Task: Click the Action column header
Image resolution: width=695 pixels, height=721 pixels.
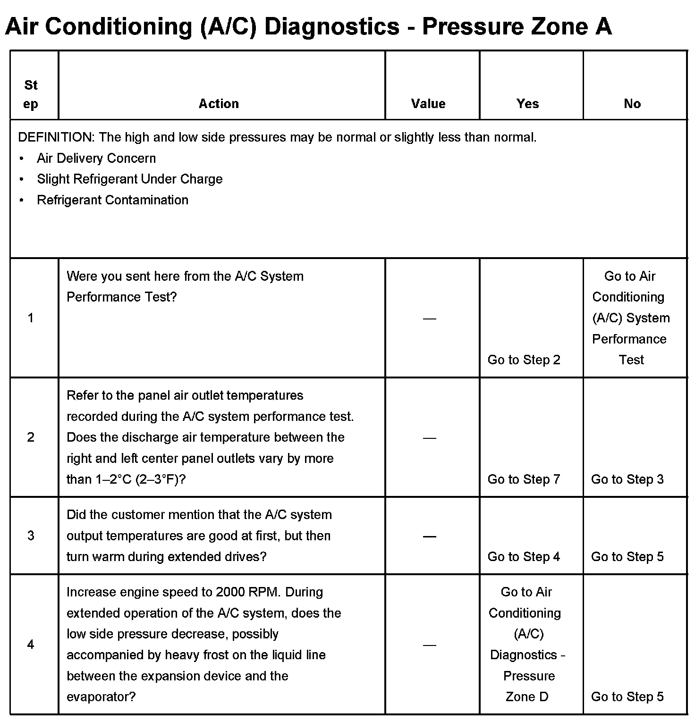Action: pyautogui.click(x=219, y=104)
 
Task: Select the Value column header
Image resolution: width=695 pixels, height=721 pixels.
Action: pyautogui.click(x=428, y=104)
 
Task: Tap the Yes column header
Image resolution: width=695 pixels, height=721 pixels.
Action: pyautogui.click(x=527, y=104)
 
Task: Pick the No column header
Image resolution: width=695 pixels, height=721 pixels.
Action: pyautogui.click(x=632, y=104)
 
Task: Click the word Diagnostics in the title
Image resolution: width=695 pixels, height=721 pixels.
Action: pyautogui.click(x=332, y=26)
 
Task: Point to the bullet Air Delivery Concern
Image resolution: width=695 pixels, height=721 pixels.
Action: pyautogui.click(x=96, y=158)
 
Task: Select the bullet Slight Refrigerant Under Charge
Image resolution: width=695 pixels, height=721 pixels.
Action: pyautogui.click(x=130, y=179)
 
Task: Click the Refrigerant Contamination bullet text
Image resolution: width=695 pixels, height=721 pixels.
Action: pyautogui.click(x=112, y=200)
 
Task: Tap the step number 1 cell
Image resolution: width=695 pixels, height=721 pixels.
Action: pyautogui.click(x=31, y=318)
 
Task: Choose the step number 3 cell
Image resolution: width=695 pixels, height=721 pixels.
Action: pyautogui.click(x=31, y=536)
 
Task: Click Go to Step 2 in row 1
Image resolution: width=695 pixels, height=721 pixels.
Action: pyautogui.click(x=524, y=360)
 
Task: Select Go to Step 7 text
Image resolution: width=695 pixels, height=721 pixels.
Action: pyautogui.click(x=524, y=479)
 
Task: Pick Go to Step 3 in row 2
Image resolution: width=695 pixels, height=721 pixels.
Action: pyautogui.click(x=627, y=479)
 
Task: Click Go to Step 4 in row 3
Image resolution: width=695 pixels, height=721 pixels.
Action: pyautogui.click(x=524, y=557)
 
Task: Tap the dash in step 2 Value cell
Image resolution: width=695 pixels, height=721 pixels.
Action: pyautogui.click(x=429, y=438)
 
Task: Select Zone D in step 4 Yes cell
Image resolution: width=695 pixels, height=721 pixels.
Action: pyautogui.click(x=527, y=697)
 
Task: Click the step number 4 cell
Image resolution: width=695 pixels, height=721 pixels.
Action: pyautogui.click(x=31, y=645)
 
